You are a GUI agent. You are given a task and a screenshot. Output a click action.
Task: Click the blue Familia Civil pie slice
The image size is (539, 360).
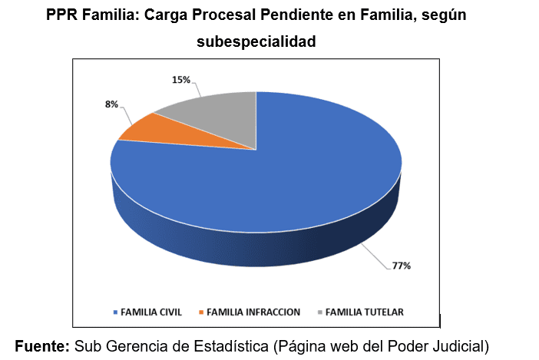(x=292, y=177)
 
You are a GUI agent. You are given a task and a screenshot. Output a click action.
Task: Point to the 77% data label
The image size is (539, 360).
(x=402, y=266)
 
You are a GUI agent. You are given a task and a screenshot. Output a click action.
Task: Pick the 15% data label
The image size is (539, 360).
(x=180, y=79)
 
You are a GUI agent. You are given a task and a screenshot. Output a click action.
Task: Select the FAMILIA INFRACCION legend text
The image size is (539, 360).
(x=254, y=312)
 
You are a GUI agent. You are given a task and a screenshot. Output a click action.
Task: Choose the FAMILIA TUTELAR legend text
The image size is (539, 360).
(x=365, y=312)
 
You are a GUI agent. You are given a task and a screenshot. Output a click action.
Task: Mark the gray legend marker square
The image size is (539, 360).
(x=320, y=312)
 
